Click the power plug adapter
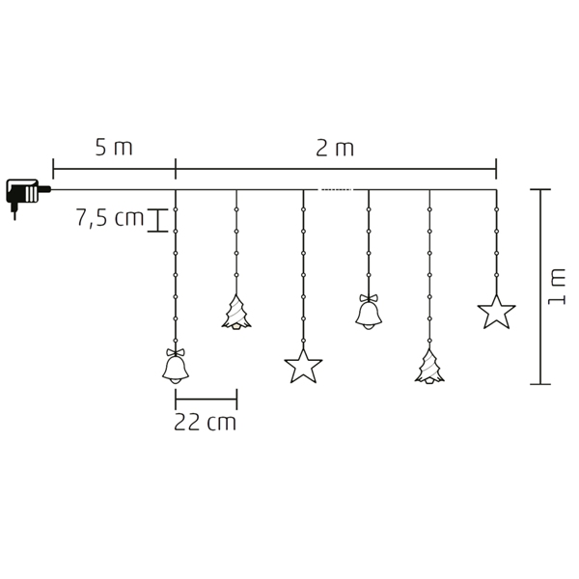point(23,194)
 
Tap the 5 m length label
point(113,148)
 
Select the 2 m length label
point(335,148)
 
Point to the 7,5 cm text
point(109,218)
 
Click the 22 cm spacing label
point(205,423)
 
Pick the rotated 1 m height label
point(557,287)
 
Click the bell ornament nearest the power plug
point(175,368)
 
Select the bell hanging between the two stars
point(368,314)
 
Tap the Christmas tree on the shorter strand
point(236,313)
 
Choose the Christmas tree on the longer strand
point(429,367)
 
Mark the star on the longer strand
point(303,367)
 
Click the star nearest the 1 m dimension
point(496,313)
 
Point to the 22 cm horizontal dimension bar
point(206,399)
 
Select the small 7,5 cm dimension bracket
point(153,220)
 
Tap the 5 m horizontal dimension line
point(114,168)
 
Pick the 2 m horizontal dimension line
point(335,168)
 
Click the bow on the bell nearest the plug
point(175,352)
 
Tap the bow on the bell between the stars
point(368,298)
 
